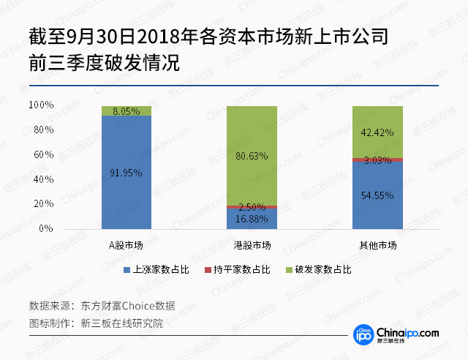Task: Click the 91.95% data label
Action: [x=127, y=173]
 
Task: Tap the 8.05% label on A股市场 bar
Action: [x=127, y=111]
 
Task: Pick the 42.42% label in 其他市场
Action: [x=377, y=132]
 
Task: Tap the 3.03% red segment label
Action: [x=377, y=160]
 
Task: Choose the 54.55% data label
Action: [x=377, y=195]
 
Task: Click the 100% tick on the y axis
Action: [x=42, y=105]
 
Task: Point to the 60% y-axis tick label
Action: [x=44, y=155]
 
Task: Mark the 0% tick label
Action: [x=47, y=229]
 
